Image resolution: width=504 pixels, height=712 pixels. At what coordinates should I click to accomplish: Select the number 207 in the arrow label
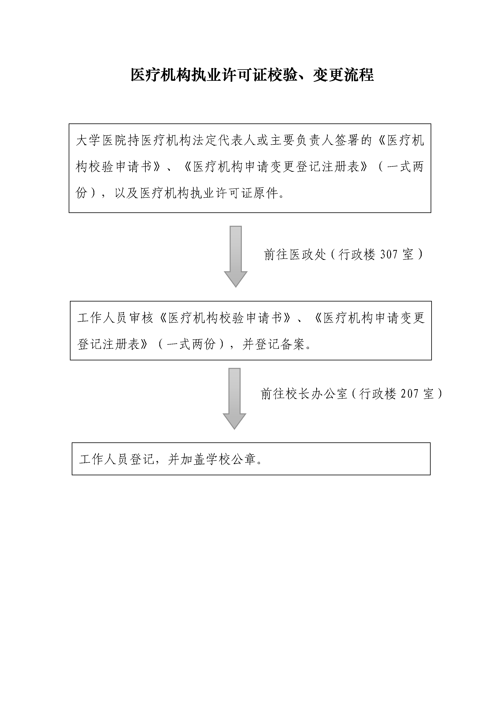(409, 394)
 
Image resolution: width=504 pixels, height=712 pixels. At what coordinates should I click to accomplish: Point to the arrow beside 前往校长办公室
(234, 399)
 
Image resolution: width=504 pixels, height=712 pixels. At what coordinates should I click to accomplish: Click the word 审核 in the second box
(141, 318)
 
